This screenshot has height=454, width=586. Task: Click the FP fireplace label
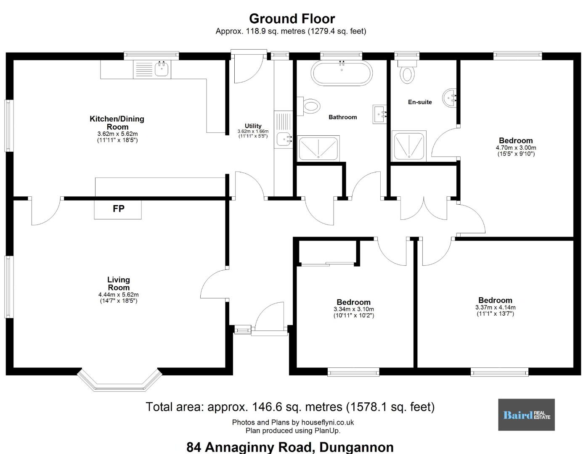click(x=118, y=208)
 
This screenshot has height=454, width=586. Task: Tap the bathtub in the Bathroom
click(x=342, y=73)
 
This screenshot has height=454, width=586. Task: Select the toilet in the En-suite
click(x=407, y=72)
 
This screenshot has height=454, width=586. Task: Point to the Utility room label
click(x=253, y=126)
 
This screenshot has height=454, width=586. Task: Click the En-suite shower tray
click(x=409, y=146)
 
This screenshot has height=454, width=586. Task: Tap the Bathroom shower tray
click(x=318, y=148)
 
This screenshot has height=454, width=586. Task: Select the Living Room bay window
click(x=119, y=380)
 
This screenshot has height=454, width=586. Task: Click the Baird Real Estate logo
click(x=526, y=414)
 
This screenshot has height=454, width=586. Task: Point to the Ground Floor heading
click(x=292, y=19)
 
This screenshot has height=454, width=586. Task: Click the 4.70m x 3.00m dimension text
click(x=516, y=148)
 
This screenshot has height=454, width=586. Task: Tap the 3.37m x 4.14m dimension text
click(x=496, y=307)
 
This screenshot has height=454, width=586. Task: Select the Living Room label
click(x=119, y=283)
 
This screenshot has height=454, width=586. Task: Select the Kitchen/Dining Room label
click(x=117, y=123)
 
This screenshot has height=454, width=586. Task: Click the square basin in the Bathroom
click(x=379, y=114)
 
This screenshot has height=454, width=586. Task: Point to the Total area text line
click(x=290, y=407)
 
